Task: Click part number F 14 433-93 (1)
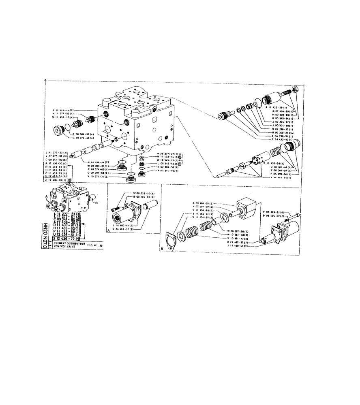pyautogui.click(x=283, y=139)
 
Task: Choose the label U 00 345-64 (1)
pyautogui.click(x=284, y=118)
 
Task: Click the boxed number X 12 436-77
pyautogui.click(x=65, y=239)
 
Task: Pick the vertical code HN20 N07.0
pyautogui.click(x=45, y=233)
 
